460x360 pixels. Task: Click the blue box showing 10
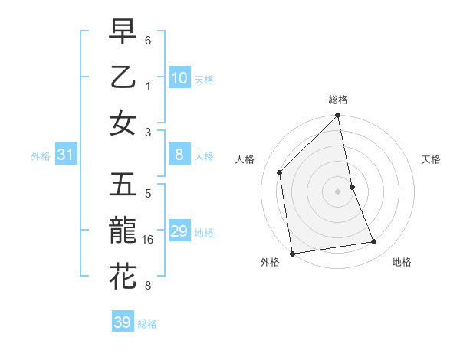tap(179, 78)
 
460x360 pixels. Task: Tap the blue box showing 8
tap(179, 155)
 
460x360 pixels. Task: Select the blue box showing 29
tap(179, 231)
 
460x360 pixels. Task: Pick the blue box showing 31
tap(66, 155)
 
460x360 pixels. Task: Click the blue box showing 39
tap(123, 322)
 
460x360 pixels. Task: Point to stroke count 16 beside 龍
tap(149, 240)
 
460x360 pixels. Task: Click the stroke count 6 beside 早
tap(148, 39)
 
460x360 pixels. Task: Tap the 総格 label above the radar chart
tap(338, 100)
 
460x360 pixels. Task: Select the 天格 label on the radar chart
tap(431, 159)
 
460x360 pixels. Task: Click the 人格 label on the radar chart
tap(245, 159)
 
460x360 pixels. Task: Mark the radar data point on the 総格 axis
tap(338, 116)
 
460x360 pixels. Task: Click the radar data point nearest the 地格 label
tap(374, 242)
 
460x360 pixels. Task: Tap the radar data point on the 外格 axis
tap(292, 253)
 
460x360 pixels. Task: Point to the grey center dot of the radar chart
tap(338, 191)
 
